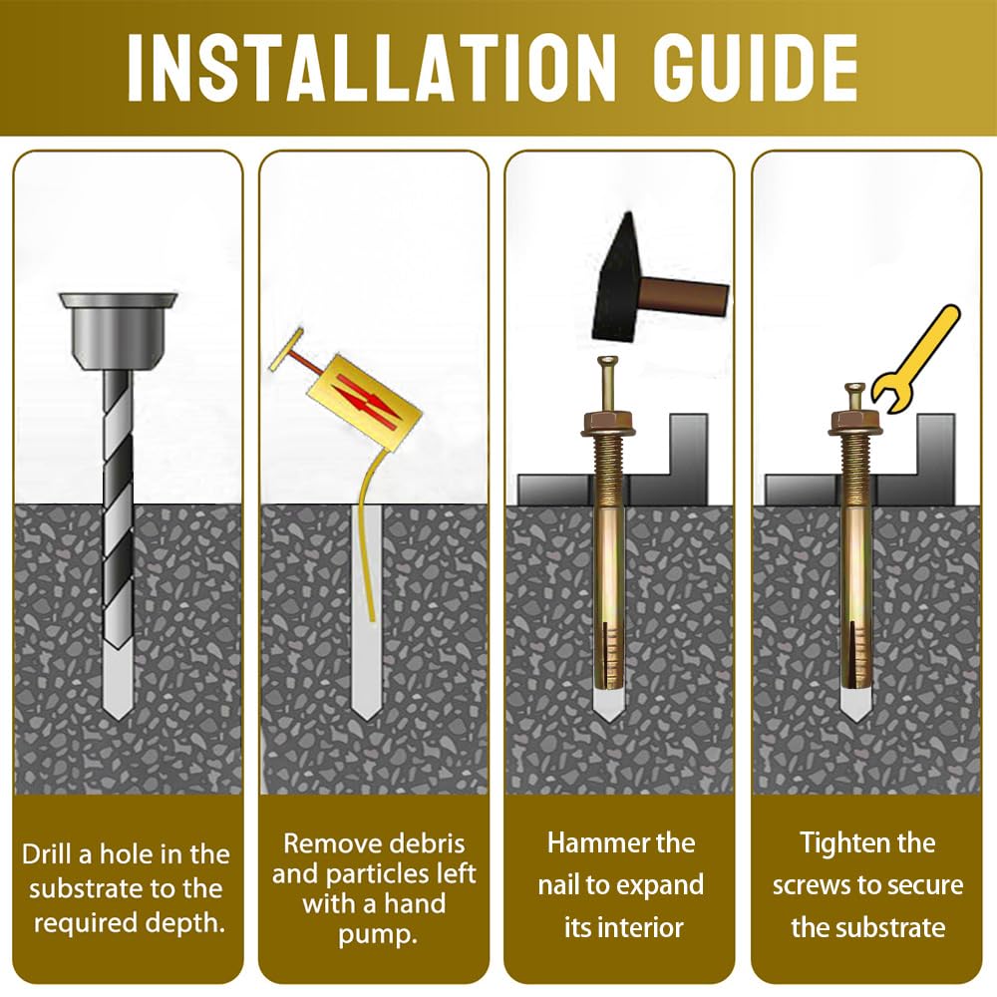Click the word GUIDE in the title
pos(755,68)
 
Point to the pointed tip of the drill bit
pos(119,719)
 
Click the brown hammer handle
pos(684,297)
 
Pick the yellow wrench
pos(915,360)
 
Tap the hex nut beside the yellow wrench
pos(855,424)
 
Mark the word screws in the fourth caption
pos(817,885)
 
